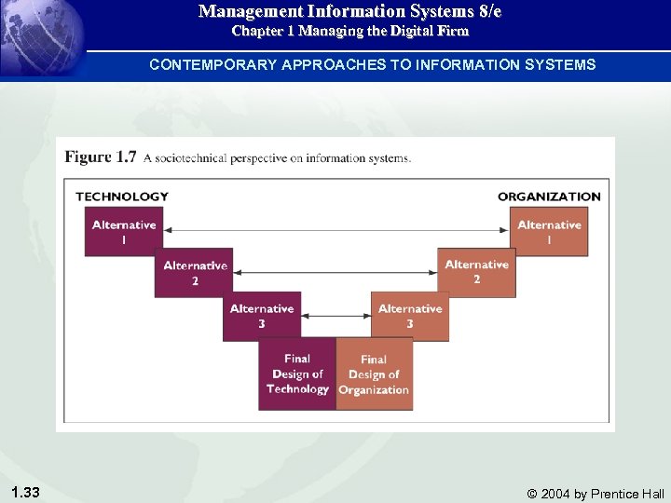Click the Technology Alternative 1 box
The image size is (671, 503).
coord(123,231)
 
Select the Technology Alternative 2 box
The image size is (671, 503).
coord(194,272)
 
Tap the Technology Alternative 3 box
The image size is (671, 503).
coord(261,316)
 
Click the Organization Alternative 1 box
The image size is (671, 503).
coord(549,231)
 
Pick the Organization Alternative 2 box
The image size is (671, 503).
coord(476,272)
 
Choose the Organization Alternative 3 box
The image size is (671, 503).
coord(409,316)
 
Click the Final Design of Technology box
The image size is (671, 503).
coord(296,374)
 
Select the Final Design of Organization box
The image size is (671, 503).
coord(374,374)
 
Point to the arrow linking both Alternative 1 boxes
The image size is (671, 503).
coord(335,230)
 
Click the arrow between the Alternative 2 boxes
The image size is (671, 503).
coord(335,273)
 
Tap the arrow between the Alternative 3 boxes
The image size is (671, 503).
coord(335,316)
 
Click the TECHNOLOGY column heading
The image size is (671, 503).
coord(122,197)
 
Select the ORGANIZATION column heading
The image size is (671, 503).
coord(549,197)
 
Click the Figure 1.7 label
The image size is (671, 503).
coord(101,157)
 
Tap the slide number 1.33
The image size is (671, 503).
coord(25,492)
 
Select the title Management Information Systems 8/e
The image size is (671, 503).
coord(349,12)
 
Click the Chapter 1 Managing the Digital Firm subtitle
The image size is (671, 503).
coord(349,32)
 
